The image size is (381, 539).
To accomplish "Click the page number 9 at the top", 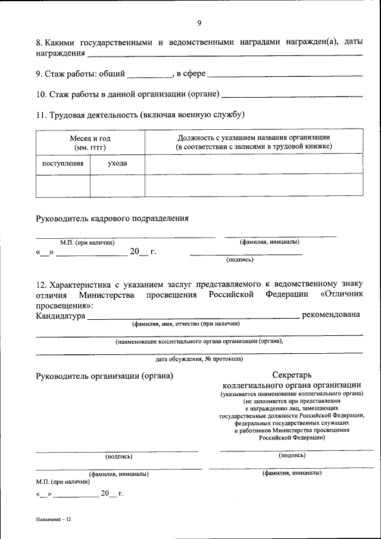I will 199,23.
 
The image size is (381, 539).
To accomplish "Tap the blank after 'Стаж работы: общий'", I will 149,74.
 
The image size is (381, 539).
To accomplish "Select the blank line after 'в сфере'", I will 285,74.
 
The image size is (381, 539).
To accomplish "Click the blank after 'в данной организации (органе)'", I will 292,94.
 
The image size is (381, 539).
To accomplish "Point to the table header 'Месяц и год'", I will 90,138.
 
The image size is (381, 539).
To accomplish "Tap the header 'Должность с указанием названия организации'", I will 254,138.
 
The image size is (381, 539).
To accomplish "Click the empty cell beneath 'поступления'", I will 63,185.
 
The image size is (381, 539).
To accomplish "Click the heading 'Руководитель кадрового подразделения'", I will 113,218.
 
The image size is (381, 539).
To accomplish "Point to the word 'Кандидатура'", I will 60,315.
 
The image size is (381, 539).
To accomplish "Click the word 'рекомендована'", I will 331,314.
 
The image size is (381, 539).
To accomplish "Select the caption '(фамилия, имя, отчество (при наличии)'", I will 186,324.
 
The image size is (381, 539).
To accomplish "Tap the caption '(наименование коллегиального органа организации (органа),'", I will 199,341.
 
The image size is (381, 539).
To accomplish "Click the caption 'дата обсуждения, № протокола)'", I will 199,359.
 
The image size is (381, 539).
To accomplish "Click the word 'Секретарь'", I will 292,376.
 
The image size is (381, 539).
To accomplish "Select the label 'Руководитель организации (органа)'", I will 104,376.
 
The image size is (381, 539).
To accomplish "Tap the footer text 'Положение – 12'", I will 53,520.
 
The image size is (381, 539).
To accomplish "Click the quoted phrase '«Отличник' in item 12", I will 341,294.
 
